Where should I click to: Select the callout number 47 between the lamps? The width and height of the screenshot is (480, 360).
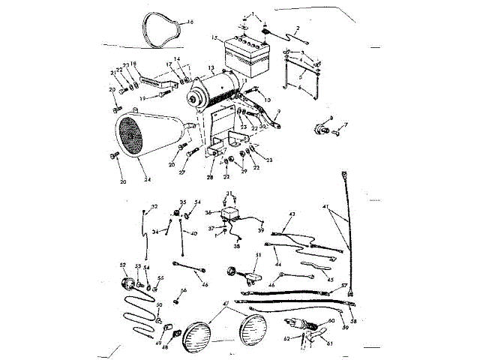[x=226, y=304]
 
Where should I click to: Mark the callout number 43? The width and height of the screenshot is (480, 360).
[x=292, y=214]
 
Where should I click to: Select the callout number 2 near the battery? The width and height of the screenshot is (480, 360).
[x=298, y=28]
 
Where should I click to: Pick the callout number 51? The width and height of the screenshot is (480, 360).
[x=257, y=256]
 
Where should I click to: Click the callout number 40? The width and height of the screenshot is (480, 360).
[x=194, y=234]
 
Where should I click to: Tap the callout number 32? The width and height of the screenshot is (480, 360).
[x=155, y=206]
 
